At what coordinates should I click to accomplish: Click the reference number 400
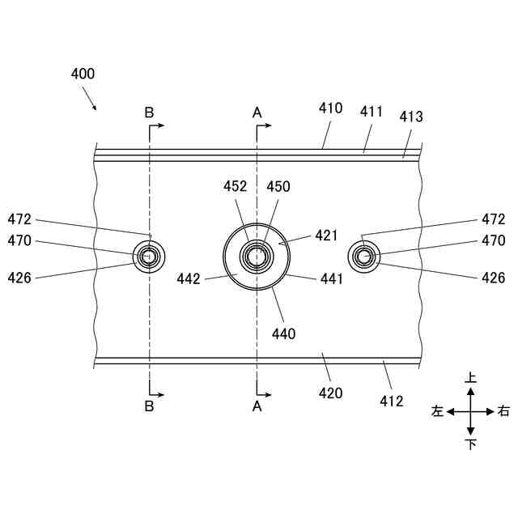click(x=83, y=74)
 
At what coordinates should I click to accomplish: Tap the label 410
click(x=330, y=108)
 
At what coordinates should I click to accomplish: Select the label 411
click(x=372, y=113)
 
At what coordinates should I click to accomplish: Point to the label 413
click(x=411, y=117)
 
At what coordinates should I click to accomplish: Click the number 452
click(x=236, y=186)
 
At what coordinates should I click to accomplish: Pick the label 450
click(x=278, y=186)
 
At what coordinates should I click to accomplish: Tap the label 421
click(x=325, y=236)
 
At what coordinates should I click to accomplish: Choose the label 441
click(x=332, y=279)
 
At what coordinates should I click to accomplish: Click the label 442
click(x=189, y=279)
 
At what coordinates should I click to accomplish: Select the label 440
click(x=284, y=333)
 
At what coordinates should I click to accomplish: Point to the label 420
click(x=330, y=393)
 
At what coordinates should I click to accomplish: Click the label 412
click(x=392, y=399)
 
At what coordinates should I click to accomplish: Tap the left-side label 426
click(x=19, y=278)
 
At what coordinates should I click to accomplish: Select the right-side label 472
click(x=493, y=219)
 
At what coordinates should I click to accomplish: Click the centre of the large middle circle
click(x=257, y=256)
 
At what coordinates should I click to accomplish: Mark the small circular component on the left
click(x=149, y=257)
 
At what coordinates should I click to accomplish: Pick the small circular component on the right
click(x=363, y=257)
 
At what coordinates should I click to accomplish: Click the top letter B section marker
click(x=149, y=113)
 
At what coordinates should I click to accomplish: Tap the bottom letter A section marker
click(x=257, y=406)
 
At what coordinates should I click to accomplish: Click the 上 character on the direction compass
click(x=471, y=378)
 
